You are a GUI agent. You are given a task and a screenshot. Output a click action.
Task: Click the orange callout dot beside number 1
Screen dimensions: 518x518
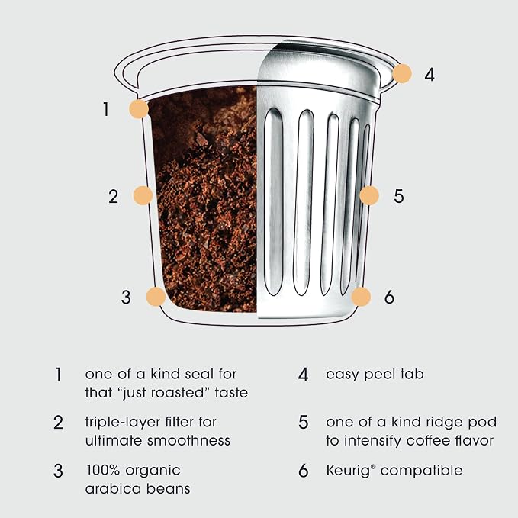coord(139,108)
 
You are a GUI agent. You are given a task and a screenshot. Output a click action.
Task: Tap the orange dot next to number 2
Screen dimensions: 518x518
coord(143,195)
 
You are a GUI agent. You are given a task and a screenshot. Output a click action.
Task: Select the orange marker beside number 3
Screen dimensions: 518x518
coord(156,296)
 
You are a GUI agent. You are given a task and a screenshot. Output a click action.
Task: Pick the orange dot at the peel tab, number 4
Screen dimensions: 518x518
coord(402,73)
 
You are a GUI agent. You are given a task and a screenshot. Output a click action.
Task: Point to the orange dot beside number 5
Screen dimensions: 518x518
coord(369,195)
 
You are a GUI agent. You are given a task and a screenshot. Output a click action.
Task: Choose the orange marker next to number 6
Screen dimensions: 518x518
coord(361,296)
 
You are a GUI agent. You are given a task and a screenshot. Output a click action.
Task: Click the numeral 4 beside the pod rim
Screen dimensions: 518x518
coord(430,74)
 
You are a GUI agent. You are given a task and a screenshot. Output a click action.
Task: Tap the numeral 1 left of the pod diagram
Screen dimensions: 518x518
coord(106,109)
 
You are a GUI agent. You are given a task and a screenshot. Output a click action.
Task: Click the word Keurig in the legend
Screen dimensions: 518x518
coord(348,471)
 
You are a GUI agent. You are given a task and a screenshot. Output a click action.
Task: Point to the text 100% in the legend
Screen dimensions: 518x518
coord(103,470)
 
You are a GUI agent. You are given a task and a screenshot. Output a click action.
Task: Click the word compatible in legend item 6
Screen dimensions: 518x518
coord(422,471)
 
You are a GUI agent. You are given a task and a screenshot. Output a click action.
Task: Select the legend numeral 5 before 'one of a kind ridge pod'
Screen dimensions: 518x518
coord(304,423)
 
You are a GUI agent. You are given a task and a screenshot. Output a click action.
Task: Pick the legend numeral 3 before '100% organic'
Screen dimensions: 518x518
coord(58,471)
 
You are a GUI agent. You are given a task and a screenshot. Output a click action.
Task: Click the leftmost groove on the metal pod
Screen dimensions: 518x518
coord(274,201)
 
